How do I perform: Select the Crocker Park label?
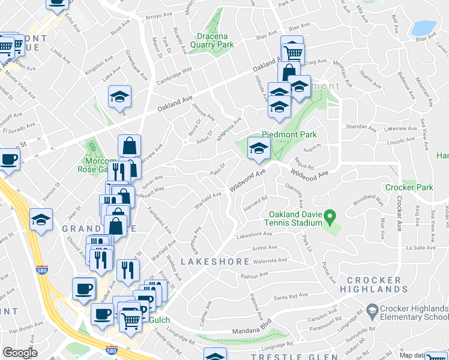click(x=408, y=187)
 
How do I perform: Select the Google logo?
click(x=20, y=353)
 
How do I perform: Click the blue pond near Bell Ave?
click(x=423, y=28)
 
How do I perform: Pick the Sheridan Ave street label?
click(x=360, y=127)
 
